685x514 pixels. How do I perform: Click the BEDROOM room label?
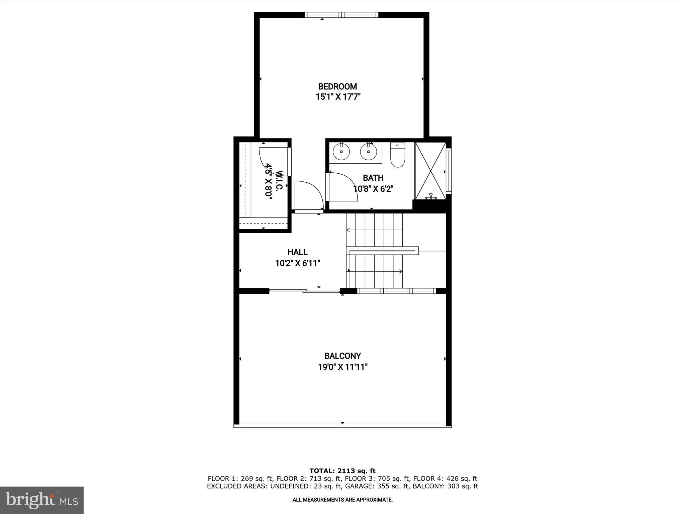337,87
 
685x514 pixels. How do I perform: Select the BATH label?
373,178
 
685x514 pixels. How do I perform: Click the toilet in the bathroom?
397,157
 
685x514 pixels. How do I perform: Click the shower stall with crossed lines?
430,171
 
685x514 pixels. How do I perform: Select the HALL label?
297,252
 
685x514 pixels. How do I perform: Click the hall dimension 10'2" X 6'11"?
298,263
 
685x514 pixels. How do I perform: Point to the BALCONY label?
342,356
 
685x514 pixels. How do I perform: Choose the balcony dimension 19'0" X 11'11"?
342,367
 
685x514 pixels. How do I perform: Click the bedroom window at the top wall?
341,15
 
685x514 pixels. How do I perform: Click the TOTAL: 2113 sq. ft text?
342,471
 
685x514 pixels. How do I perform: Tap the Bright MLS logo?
41,500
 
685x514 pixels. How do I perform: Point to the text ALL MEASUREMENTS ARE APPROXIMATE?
342,500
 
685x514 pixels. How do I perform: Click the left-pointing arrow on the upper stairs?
349,230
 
